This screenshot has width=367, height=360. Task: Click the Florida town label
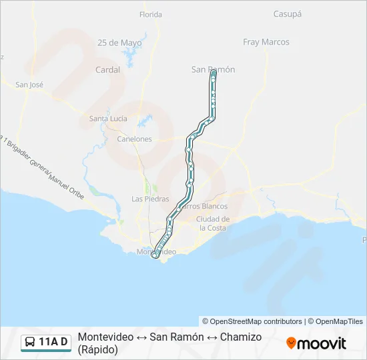[x=150, y=14]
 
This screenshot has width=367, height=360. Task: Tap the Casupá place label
[x=288, y=13]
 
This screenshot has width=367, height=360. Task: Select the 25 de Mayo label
[x=119, y=43]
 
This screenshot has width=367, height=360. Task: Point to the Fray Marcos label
[x=266, y=42]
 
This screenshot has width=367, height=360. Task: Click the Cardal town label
[x=107, y=69]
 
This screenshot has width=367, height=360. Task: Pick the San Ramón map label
[x=213, y=69]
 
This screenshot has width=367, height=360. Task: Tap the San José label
[x=29, y=85]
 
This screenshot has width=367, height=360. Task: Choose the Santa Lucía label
[x=108, y=119]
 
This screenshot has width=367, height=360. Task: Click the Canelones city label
[x=134, y=139]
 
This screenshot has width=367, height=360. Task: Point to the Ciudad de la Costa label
[x=214, y=223]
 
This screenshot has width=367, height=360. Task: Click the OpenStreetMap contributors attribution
[x=252, y=321]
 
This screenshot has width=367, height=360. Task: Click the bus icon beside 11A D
[x=30, y=343]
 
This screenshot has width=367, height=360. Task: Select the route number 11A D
[x=53, y=343]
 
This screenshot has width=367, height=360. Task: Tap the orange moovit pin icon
[x=291, y=343]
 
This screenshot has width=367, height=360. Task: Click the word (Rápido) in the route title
[x=97, y=349]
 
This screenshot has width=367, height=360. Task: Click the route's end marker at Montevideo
[x=155, y=255]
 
